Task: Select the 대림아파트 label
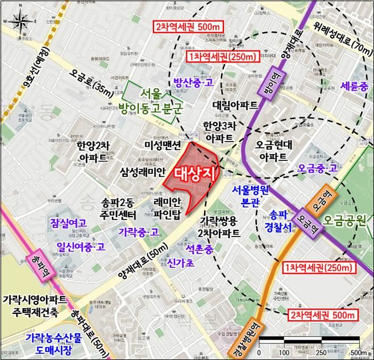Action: pos(235,105)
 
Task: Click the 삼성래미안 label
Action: pos(143,171)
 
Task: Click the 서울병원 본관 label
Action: pos(249,196)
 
